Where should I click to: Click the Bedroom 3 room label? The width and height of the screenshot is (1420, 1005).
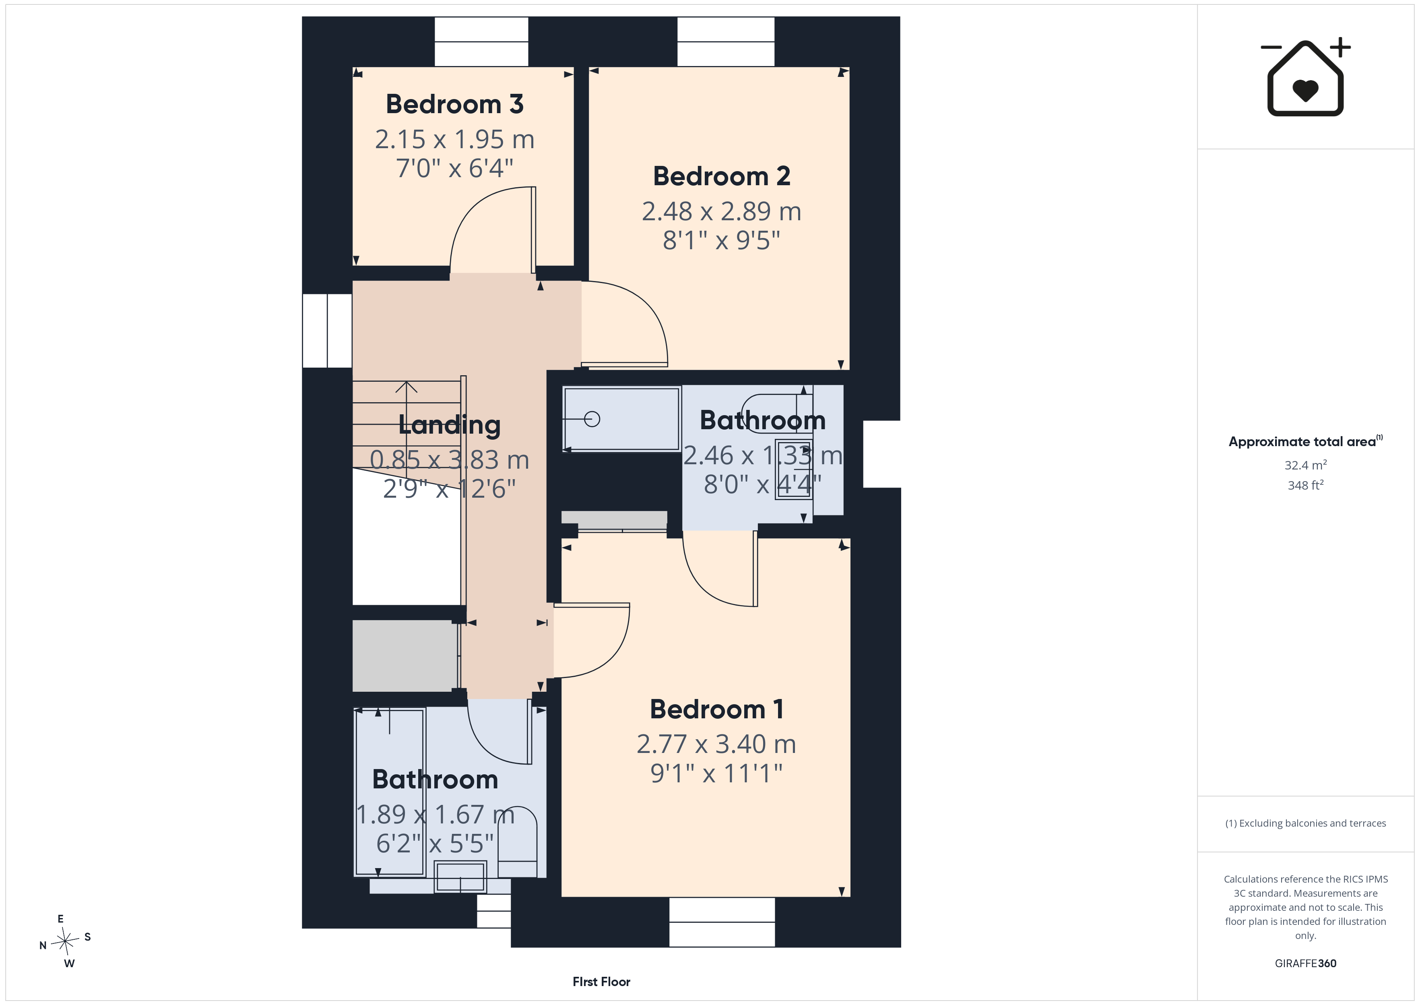click(454, 104)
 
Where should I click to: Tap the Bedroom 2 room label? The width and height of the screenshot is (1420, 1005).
click(722, 176)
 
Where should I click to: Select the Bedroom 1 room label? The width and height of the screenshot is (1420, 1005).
click(717, 709)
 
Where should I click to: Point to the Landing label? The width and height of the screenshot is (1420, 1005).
click(450, 425)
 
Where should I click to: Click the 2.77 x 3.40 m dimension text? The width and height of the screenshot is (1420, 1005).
click(717, 744)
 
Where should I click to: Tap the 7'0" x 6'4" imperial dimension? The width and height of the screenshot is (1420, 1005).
click(454, 168)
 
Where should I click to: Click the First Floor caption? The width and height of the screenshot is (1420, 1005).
click(601, 982)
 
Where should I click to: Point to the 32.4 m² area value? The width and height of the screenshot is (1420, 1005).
click(1306, 465)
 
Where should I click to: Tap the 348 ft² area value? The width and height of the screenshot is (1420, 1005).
click(1306, 485)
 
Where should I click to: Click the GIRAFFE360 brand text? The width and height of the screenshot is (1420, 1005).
click(1306, 963)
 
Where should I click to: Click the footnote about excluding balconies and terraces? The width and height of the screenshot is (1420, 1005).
click(1306, 823)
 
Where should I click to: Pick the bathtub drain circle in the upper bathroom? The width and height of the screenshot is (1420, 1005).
click(592, 420)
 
